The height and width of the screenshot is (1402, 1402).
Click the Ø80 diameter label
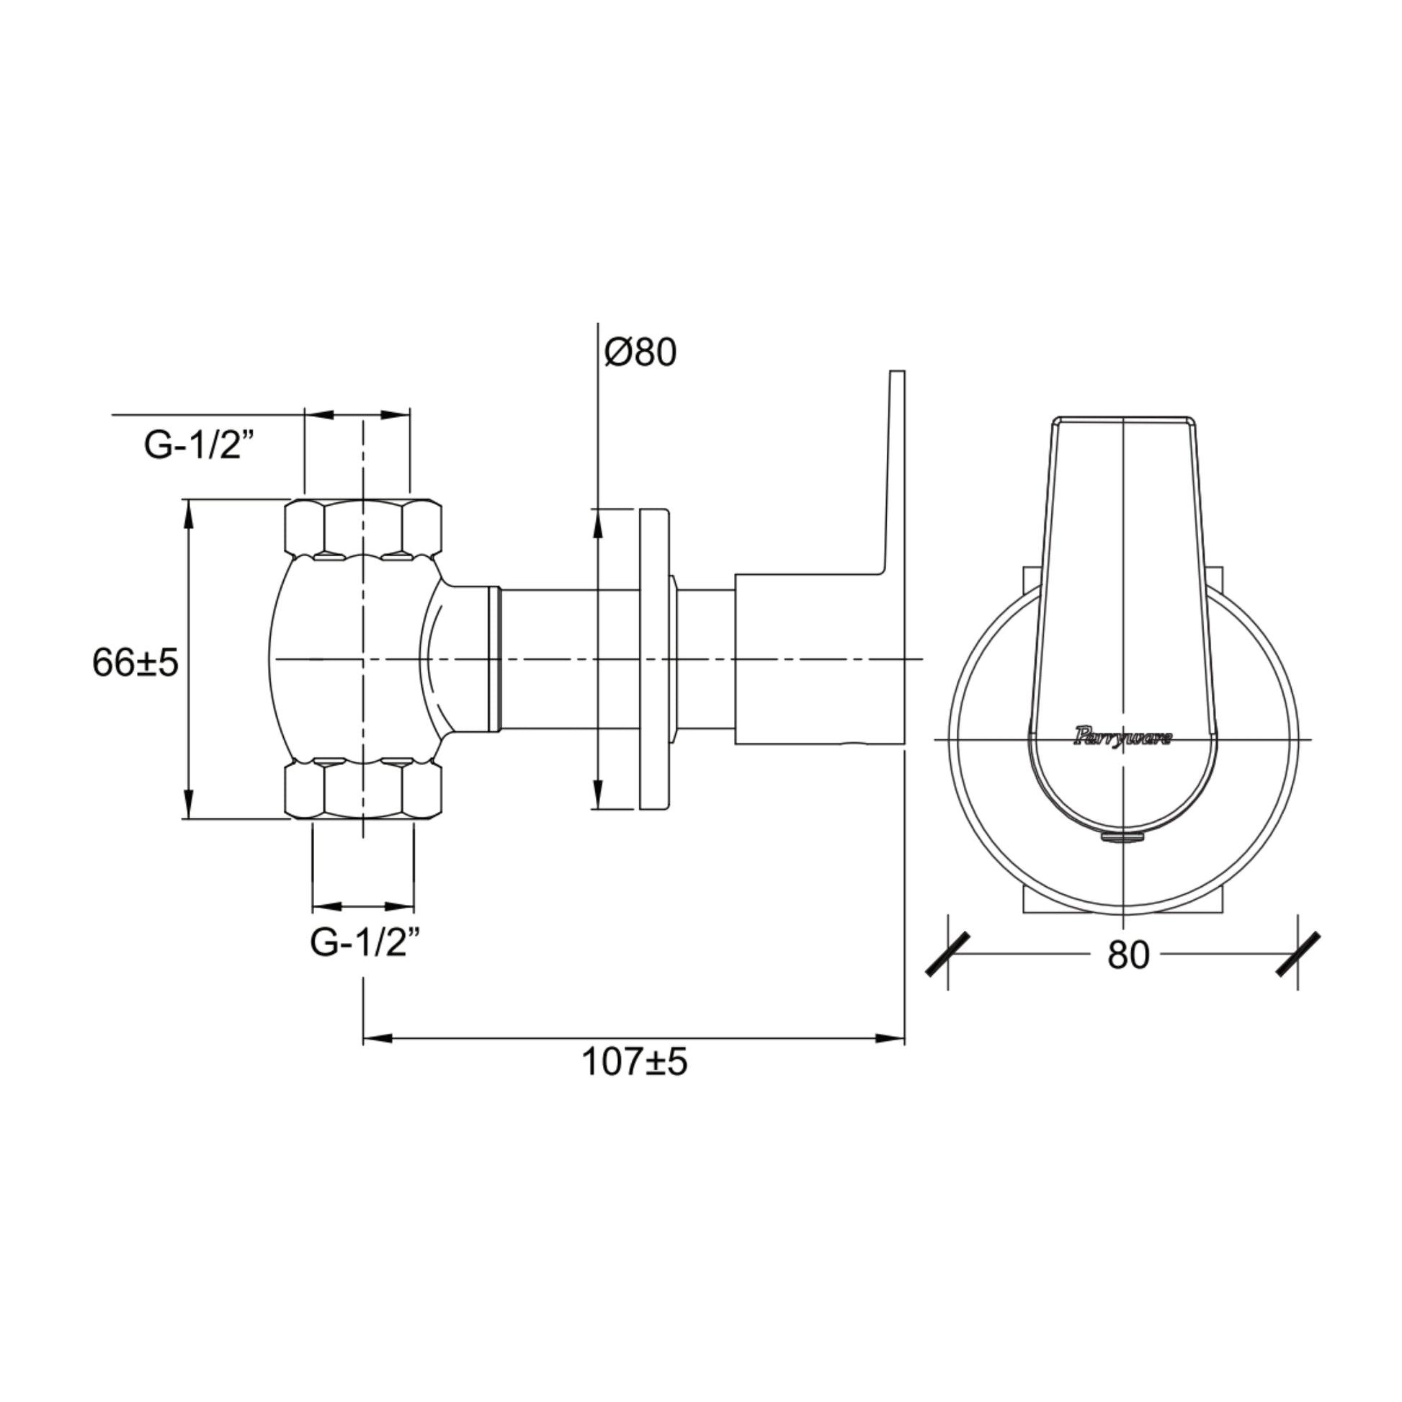(x=640, y=354)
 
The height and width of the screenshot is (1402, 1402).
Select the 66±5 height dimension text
(x=135, y=663)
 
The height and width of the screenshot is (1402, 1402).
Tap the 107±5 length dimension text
(x=633, y=1063)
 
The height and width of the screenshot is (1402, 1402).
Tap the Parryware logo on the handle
(x=1122, y=738)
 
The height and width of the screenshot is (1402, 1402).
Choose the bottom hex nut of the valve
(x=363, y=790)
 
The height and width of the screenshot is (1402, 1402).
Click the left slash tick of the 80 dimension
(x=948, y=955)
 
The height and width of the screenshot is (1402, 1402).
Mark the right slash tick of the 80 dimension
(x=1298, y=955)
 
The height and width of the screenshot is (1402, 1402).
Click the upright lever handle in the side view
(x=894, y=472)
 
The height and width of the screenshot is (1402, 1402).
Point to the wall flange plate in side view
(x=654, y=659)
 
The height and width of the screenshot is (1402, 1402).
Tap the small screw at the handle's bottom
(x=1122, y=838)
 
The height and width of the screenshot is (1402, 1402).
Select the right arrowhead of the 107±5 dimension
(x=890, y=1038)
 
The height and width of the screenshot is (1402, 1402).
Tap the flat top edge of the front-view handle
(x=1122, y=417)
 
